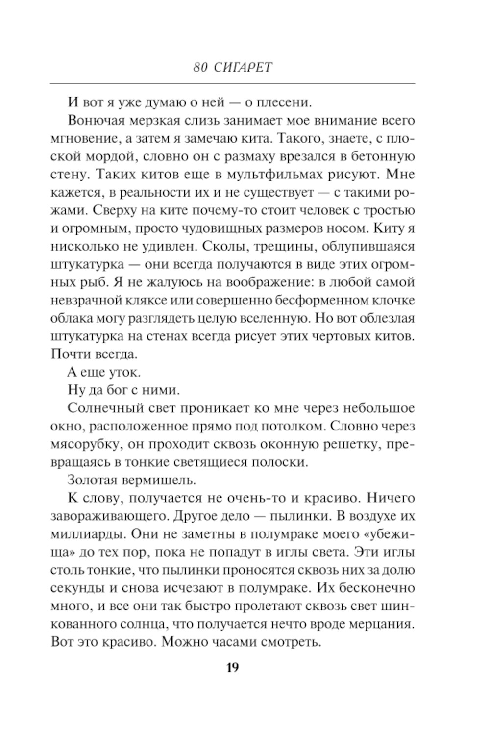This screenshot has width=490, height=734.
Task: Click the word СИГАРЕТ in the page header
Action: pos(243,68)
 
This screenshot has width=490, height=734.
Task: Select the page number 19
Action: pos(233,668)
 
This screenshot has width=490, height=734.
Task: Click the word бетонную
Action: pos(382,157)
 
